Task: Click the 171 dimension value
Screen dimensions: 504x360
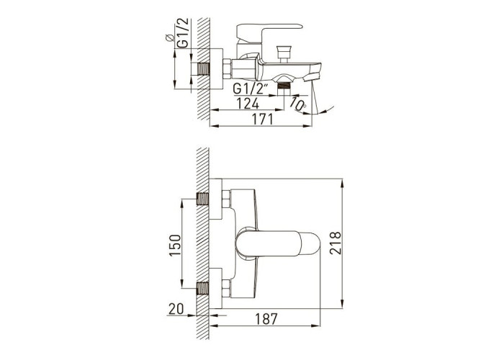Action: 262,120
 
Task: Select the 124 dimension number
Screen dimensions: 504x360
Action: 248,104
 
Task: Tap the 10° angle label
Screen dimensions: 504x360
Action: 298,104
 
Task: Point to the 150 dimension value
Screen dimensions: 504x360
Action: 175,246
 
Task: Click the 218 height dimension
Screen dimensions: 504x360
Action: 336,243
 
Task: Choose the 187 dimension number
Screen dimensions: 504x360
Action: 266,319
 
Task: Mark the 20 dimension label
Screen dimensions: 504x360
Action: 176,309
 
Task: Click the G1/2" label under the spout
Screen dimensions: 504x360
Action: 251,88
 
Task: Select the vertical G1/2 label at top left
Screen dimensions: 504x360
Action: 182,33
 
